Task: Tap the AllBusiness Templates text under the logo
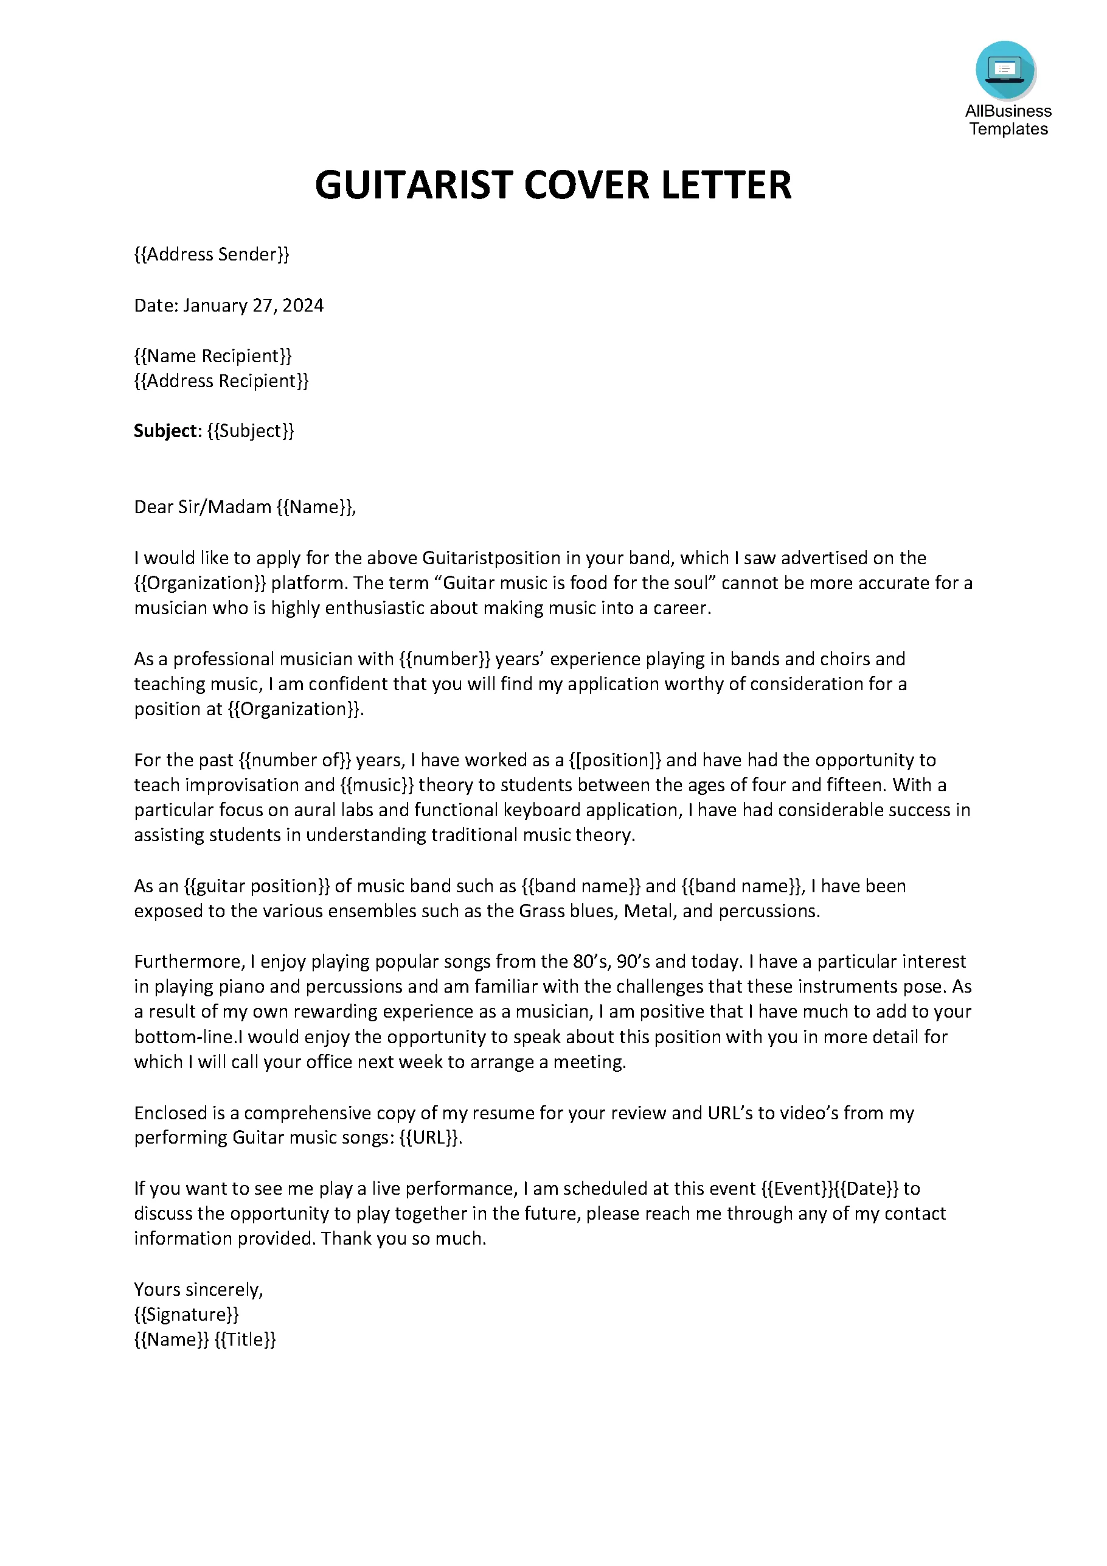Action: pos(1008,120)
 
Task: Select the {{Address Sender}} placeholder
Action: pos(211,254)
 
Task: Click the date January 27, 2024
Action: pos(253,305)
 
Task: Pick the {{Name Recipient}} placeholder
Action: pos(213,355)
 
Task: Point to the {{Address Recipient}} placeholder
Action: pos(221,380)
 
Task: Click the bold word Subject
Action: pos(165,431)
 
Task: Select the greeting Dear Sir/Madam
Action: pos(203,507)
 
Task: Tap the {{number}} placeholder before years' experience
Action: pos(445,659)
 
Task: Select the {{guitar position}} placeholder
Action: pos(257,886)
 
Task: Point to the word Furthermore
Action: pos(188,962)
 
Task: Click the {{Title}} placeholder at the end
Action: pos(245,1340)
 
